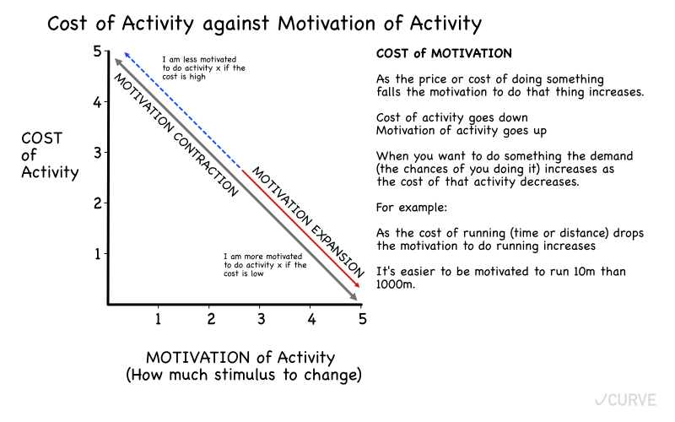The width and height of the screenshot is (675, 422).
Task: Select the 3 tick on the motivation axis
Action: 261,319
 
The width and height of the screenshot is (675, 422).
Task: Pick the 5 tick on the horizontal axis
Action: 363,319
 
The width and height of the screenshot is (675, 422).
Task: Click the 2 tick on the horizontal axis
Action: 210,319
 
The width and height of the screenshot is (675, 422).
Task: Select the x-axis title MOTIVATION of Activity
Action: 241,357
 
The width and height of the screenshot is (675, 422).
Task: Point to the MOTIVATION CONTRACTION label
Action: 175,134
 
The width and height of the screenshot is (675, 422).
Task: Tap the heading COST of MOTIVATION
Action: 444,54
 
